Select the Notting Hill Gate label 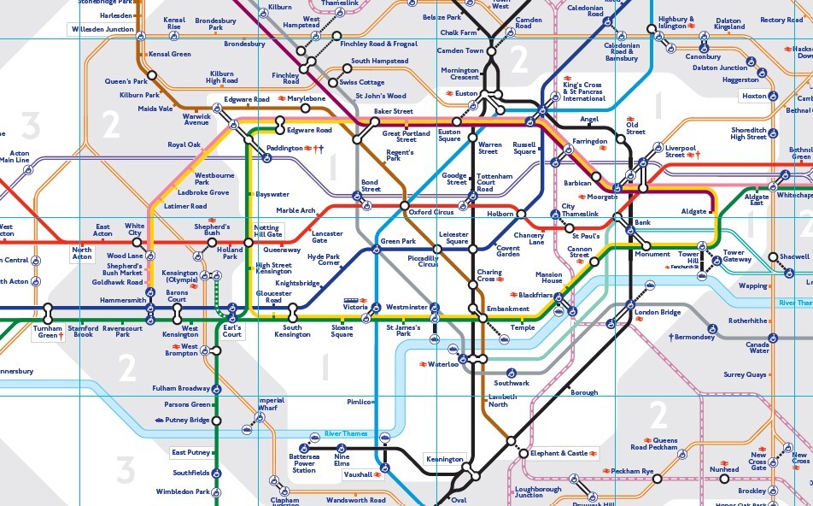click(x=268, y=230)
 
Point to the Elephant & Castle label click(x=559, y=453)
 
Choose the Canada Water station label click(x=757, y=347)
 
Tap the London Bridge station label click(x=658, y=312)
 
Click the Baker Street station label click(x=393, y=112)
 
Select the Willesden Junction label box click(x=102, y=29)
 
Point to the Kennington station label click(x=445, y=460)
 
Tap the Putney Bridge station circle click(x=216, y=421)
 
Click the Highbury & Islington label click(x=676, y=23)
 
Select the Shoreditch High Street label click(x=748, y=133)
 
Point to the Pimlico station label click(x=360, y=402)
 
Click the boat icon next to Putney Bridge click(x=160, y=421)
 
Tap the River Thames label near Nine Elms click(x=345, y=434)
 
